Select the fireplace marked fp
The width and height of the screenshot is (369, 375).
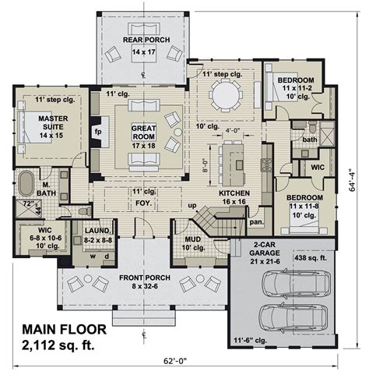click(97, 132)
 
